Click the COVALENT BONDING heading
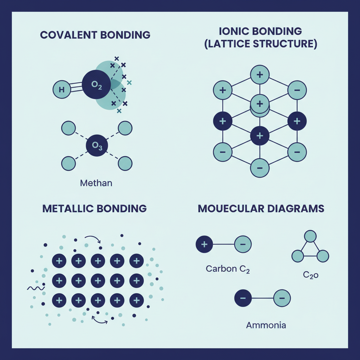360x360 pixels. [95, 35]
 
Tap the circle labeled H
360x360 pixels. [62, 90]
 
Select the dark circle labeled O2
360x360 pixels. [96, 84]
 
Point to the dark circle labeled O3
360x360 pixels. [97, 146]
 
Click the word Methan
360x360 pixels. [96, 183]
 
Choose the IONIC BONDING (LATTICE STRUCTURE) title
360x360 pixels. [261, 37]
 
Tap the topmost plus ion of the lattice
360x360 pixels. [260, 75]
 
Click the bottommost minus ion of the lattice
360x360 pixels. [260, 168]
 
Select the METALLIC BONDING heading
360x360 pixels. [95, 208]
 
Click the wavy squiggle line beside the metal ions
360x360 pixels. [36, 288]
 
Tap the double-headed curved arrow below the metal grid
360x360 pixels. [99, 321]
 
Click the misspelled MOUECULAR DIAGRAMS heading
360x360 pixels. [261, 208]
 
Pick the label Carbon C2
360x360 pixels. [227, 269]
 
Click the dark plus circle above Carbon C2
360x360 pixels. [204, 244]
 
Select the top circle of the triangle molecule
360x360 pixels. [310, 236]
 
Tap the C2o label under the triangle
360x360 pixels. [311, 275]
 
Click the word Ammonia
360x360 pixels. [266, 325]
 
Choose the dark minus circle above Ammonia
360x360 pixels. [243, 298]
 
